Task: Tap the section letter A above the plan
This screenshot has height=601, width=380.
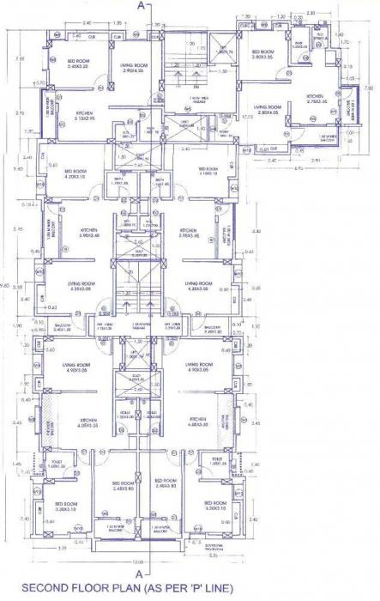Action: [142, 5]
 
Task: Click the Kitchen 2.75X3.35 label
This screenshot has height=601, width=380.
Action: [315, 99]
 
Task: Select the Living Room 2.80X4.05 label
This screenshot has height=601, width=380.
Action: [255, 109]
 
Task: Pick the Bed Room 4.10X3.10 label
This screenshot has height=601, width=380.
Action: [208, 172]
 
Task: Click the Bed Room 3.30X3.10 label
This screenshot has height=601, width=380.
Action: [215, 507]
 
